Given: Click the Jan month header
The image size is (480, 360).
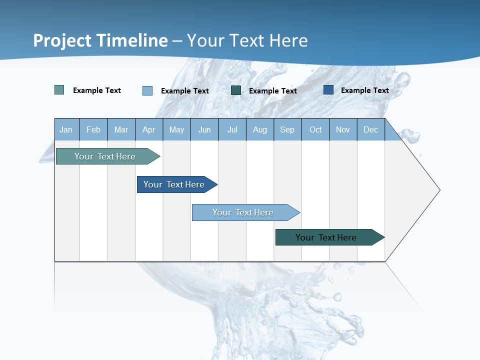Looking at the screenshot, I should click(66, 129).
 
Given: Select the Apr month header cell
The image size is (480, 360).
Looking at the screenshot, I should click(149, 129).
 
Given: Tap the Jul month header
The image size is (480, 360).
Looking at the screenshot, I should click(232, 129).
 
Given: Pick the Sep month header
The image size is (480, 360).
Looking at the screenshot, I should click(287, 129).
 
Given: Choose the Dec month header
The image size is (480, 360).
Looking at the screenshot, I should click(370, 129).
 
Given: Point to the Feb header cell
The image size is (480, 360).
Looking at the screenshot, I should click(93, 129).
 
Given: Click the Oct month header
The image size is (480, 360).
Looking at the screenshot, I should click(315, 129).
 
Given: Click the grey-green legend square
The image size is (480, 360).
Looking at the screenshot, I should click(59, 90).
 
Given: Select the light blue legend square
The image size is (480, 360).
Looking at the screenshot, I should click(147, 90).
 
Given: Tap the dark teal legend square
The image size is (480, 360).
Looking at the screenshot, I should click(236, 90).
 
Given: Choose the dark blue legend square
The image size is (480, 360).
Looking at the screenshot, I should click(328, 90).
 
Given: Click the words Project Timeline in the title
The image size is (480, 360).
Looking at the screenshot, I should click(100, 40).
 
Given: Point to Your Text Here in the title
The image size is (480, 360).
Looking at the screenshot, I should click(247, 40).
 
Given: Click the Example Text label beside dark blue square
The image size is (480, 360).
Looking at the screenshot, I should click(364, 90).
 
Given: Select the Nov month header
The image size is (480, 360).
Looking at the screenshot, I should click(343, 129).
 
